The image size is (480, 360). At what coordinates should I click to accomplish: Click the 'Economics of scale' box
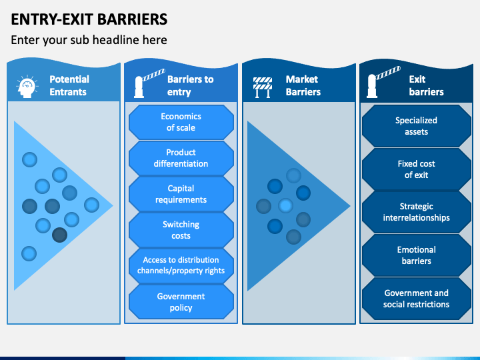[181, 122]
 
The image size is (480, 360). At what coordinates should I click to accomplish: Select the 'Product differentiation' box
[181, 158]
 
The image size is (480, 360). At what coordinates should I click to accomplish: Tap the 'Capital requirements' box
[181, 194]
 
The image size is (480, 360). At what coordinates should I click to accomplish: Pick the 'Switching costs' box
[181, 230]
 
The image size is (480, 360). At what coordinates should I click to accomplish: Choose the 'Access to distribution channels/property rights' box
[181, 266]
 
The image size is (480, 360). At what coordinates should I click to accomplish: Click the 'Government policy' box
[181, 302]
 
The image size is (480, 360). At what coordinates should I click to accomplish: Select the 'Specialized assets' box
[416, 126]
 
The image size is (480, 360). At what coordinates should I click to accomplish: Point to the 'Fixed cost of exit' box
[416, 169]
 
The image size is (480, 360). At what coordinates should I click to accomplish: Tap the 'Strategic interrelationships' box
[416, 212]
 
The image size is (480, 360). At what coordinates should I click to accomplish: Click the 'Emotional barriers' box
[416, 255]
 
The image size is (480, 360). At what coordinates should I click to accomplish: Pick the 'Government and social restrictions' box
[416, 299]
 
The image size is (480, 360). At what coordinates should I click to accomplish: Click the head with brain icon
[27, 87]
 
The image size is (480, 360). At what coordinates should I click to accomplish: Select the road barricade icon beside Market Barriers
[263, 87]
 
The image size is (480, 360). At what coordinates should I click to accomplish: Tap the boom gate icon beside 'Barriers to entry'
[149, 83]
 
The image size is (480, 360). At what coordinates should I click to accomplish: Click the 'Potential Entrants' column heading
[69, 85]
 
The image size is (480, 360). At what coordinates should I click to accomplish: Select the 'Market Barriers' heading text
[303, 85]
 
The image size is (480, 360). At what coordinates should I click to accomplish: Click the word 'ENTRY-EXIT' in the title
[52, 19]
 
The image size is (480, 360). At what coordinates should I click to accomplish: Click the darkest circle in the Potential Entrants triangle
[60, 235]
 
